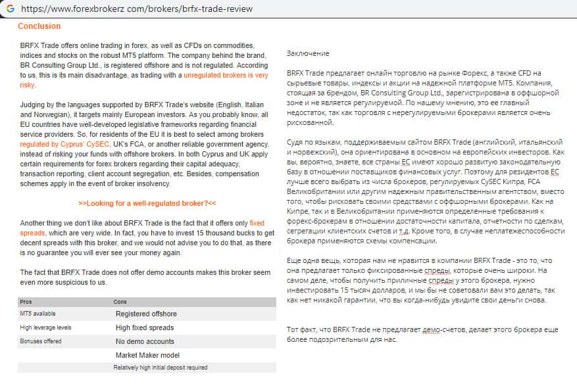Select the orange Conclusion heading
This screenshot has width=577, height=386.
point(39,26)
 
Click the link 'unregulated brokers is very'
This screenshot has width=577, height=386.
point(226,76)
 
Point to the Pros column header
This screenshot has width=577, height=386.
point(26,302)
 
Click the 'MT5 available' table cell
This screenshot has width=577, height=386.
point(39,314)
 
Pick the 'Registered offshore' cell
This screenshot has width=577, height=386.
point(146,314)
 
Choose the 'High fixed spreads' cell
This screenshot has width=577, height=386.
point(144,327)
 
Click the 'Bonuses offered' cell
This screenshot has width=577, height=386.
point(41,341)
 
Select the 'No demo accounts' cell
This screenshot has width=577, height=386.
point(145,341)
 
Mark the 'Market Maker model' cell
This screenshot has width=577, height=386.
point(147,355)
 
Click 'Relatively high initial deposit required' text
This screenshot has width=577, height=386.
point(161,368)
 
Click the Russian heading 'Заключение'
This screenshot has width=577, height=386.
point(308,53)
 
